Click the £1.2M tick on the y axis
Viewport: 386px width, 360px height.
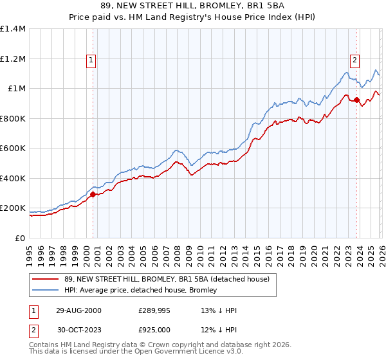[13, 59]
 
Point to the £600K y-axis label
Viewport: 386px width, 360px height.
[13, 148]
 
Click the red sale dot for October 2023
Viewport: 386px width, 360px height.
[357, 100]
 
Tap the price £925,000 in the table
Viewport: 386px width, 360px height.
[154, 329]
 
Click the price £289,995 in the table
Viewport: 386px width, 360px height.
[154, 310]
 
